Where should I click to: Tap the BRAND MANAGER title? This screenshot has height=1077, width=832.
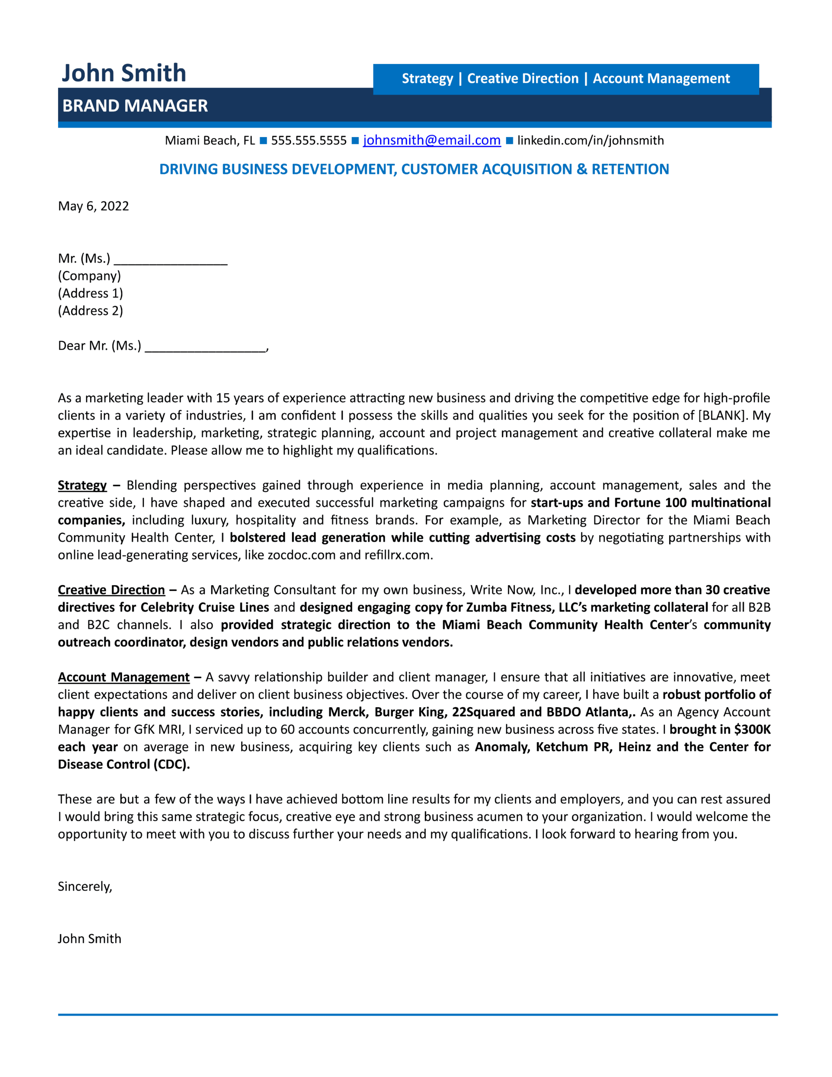(x=135, y=106)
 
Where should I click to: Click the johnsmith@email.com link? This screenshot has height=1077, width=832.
(x=432, y=140)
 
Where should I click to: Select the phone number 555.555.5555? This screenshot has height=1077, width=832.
(x=309, y=141)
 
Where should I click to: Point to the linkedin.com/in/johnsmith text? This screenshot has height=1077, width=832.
(x=590, y=141)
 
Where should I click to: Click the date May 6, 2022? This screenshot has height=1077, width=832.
(x=93, y=206)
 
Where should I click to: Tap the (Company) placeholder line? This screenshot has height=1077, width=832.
(x=89, y=276)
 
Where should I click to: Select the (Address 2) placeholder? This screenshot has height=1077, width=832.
(x=90, y=310)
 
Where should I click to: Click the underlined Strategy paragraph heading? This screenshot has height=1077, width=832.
(x=82, y=485)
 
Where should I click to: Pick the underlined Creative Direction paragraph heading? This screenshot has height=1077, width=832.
(x=111, y=590)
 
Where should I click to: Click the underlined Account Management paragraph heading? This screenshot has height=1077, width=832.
(x=123, y=677)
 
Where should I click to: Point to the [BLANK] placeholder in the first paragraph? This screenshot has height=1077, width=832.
(x=723, y=415)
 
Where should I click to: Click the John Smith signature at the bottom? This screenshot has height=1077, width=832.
(x=89, y=939)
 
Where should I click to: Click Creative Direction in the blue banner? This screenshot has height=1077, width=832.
(x=522, y=78)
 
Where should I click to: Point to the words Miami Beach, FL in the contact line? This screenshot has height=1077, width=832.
(x=209, y=141)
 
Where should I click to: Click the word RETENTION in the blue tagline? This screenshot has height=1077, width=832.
(x=630, y=169)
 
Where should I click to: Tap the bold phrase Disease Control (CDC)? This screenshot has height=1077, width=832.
(x=123, y=764)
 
